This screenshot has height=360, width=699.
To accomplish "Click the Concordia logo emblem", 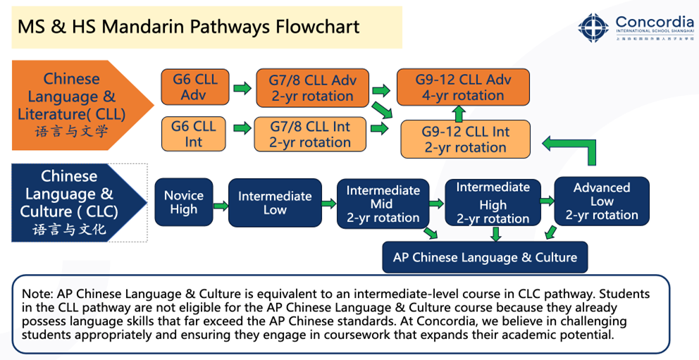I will pyautogui.click(x=593, y=27).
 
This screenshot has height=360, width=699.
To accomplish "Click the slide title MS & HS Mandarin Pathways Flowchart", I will pyautogui.click(x=189, y=27).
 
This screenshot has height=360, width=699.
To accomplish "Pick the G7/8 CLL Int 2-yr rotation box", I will pyautogui.click(x=311, y=134).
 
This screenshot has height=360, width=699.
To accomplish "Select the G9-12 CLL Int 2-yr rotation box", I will pyautogui.click(x=465, y=139).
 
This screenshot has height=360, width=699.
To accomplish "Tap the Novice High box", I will pyautogui.click(x=183, y=202).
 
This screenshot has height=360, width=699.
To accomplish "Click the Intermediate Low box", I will pyautogui.click(x=275, y=202).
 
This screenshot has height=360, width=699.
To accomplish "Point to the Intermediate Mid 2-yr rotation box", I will pyautogui.click(x=383, y=204).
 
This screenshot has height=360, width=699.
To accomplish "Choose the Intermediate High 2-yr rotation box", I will pyautogui.click(x=493, y=203).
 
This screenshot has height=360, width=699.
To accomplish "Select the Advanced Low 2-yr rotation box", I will pyautogui.click(x=602, y=201).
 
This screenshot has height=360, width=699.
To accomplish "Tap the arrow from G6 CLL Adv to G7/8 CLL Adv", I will pyautogui.click(x=242, y=88).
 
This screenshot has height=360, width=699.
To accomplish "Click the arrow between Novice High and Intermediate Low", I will pyautogui.click(x=221, y=206).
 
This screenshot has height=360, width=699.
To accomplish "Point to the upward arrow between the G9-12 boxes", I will pyautogui.click(x=459, y=113).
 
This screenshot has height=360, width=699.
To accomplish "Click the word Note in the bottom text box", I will pyautogui.click(x=33, y=294).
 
